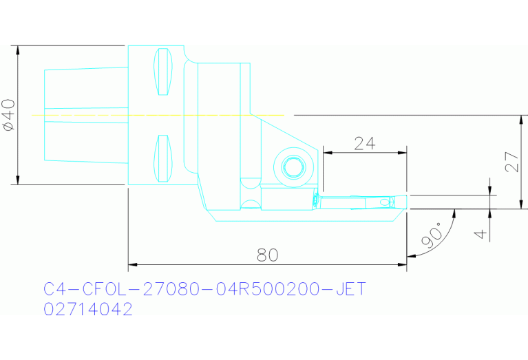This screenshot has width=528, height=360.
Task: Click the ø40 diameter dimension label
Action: (8, 114)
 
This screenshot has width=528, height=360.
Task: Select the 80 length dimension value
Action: (267, 255)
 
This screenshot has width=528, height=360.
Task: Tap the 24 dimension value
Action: (364, 143)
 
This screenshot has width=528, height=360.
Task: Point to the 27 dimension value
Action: (511, 162)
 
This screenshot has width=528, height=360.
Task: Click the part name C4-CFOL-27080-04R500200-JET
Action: (204, 288)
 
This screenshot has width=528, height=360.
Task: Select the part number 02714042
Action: (87, 310)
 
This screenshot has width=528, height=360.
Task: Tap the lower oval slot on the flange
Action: (163, 159)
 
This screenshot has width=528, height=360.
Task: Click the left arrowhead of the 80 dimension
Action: (132, 264)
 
